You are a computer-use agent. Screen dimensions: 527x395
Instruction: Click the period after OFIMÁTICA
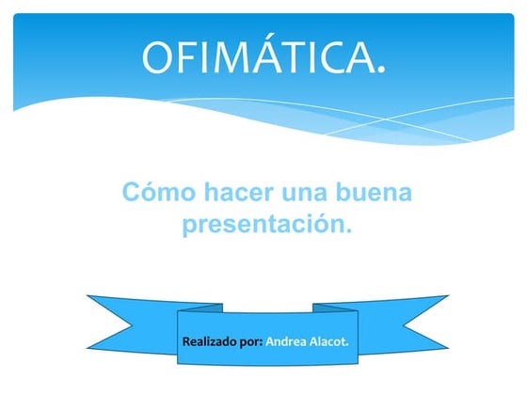381,70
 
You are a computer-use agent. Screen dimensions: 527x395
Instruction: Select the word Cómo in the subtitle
159,192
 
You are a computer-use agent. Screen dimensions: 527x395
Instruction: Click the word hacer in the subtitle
239,192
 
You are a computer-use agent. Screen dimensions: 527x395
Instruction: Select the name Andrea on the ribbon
286,341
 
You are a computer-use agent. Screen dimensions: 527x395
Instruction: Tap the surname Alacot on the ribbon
327,341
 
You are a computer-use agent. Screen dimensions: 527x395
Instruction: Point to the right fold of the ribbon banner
335,308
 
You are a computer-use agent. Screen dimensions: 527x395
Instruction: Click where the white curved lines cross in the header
385,119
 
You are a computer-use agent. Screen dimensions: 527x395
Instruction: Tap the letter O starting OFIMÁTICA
157,55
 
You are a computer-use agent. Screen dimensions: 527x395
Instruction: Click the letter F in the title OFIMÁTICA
187,55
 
